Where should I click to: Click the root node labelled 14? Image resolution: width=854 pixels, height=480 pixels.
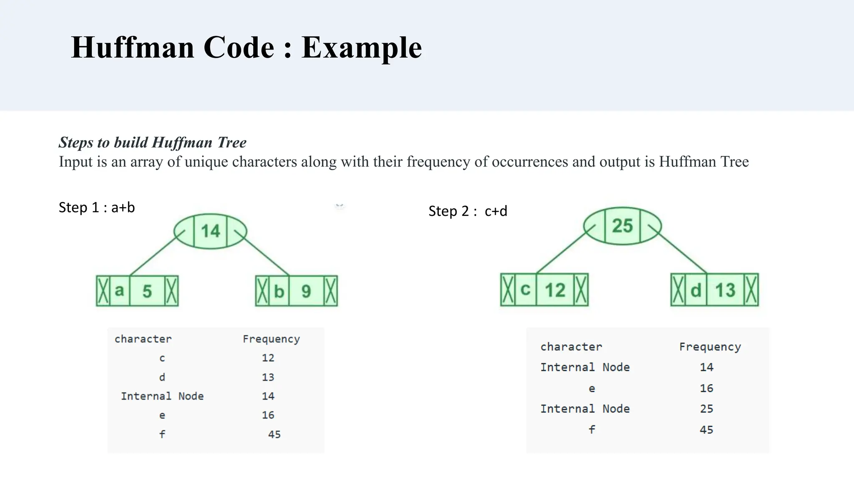pos(210,231)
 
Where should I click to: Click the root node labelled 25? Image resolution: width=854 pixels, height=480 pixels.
pos(622,226)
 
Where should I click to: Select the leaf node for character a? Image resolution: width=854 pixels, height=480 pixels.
pos(137,291)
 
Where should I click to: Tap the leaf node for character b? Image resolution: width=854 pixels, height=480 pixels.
pos(296,291)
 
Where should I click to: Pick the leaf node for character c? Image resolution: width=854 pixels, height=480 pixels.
pos(544,290)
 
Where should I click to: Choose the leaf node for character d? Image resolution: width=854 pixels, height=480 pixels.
pos(714,290)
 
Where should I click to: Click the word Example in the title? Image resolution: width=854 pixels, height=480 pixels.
pos(361,47)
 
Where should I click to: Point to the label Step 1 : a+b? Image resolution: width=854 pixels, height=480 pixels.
pos(97,207)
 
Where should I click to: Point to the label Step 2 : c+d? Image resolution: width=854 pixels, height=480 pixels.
pos(468,211)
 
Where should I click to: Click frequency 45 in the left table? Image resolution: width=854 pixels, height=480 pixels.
pos(274,435)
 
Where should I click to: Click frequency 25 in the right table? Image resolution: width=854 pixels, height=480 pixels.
pos(706,409)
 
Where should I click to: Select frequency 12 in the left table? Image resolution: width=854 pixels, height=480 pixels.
pos(268,358)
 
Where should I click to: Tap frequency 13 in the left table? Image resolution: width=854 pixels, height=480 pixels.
pos(268,377)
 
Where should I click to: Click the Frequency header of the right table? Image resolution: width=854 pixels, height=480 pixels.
pos(710,347)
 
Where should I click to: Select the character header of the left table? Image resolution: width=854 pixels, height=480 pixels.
pos(143,339)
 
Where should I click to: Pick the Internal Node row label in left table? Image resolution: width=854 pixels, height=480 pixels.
pos(162,396)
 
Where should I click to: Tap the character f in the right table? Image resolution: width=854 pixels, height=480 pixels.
pos(592,430)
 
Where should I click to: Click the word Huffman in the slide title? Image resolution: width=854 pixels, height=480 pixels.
pos(133,47)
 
